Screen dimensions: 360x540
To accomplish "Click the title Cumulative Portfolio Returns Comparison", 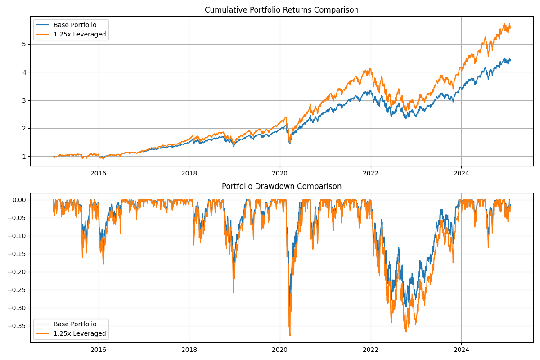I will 282,10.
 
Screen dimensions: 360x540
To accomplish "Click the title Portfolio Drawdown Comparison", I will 282,186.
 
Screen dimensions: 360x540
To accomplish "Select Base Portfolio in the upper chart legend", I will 75,25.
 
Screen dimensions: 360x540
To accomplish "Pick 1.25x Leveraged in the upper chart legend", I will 80,34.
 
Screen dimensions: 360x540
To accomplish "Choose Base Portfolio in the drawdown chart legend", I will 75,324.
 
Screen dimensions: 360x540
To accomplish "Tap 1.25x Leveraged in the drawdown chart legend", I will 80,333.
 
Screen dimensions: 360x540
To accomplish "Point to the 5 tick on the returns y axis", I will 24,44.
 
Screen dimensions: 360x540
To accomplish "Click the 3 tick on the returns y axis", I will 24,100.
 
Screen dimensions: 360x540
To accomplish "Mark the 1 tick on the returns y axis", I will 24,156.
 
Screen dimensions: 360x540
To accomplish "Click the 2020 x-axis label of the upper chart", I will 280,173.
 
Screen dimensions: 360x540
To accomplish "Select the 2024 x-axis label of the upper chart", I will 461,173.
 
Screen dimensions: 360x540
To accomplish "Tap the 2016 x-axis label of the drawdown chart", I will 99,349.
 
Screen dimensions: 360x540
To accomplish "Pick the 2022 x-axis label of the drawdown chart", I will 370,349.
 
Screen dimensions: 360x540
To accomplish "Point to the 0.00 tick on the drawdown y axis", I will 18,200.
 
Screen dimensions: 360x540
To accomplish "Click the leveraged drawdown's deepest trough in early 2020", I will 290,335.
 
